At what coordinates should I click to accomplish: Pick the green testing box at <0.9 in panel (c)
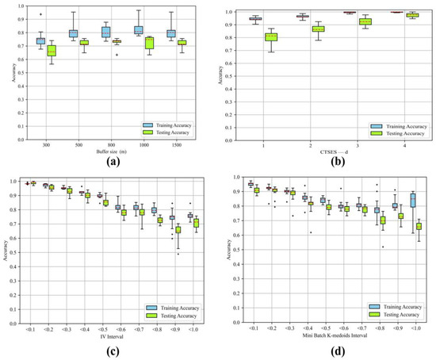tap(178, 230)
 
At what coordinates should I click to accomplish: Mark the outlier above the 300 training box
tap(41, 14)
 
